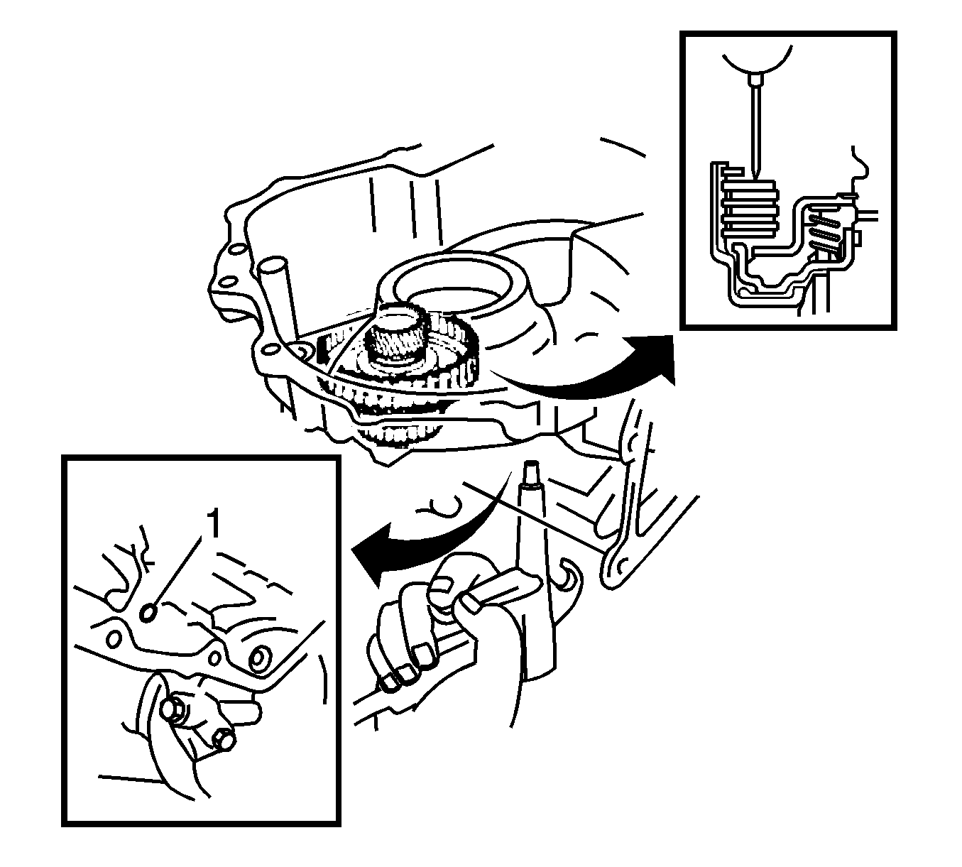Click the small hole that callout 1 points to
pyautogui.click(x=148, y=614)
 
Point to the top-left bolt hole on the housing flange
pyautogui.click(x=236, y=250)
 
